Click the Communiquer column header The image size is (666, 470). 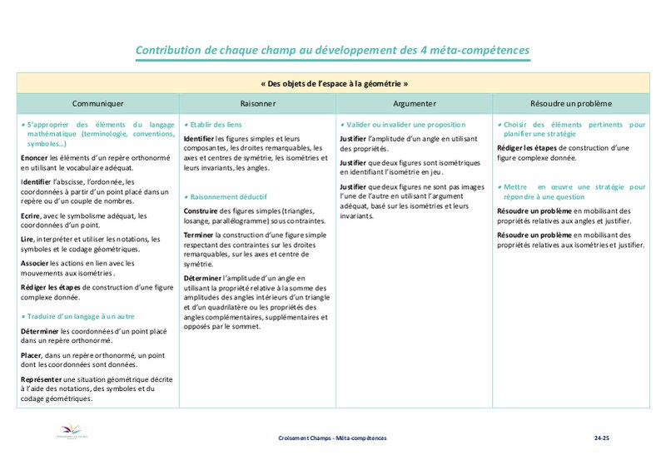click(x=97, y=104)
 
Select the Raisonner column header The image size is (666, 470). click(x=259, y=104)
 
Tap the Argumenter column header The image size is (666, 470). click(x=414, y=104)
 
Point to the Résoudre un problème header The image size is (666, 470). click(x=570, y=104)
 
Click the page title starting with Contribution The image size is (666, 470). click(x=332, y=52)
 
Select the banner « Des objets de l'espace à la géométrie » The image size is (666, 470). click(x=333, y=84)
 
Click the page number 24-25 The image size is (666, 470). click(x=602, y=438)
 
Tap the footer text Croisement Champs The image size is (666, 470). click(x=333, y=438)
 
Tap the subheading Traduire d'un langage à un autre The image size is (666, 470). click(x=80, y=316)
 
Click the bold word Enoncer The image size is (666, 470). click(x=34, y=156)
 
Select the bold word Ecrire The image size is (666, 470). click(x=32, y=215)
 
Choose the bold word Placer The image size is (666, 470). click(x=32, y=355)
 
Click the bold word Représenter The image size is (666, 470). click(x=41, y=379)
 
